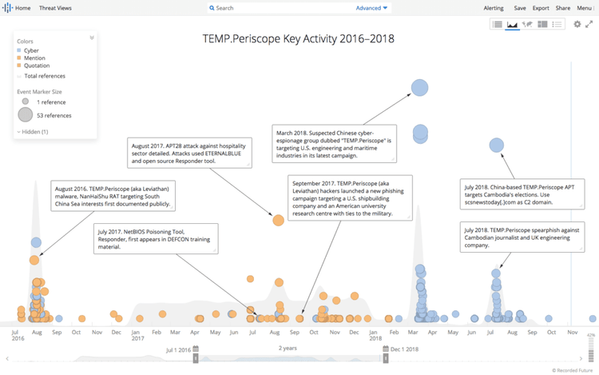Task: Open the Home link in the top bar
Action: (22, 8)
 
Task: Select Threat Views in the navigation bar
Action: (56, 8)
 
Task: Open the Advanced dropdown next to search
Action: (371, 8)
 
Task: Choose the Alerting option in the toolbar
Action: (494, 8)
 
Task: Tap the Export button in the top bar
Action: (541, 8)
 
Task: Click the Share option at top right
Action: (562, 8)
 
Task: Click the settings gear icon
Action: (577, 25)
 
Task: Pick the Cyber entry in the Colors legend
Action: (31, 50)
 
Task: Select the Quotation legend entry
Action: (36, 66)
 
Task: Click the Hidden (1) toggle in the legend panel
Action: (34, 131)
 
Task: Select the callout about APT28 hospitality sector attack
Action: (190, 152)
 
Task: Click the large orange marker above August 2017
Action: (278, 220)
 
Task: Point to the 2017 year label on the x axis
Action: (137, 338)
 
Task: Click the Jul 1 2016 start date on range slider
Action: (177, 350)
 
